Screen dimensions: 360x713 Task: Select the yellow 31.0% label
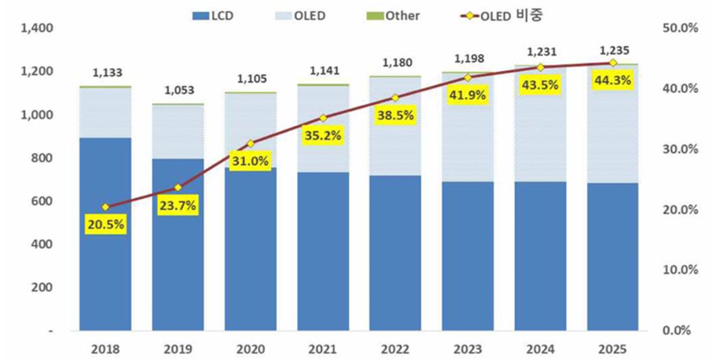pos(250,161)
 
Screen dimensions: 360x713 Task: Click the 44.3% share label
pos(613,82)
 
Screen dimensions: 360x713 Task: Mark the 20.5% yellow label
pos(105,225)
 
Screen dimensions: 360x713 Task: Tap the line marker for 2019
pos(178,187)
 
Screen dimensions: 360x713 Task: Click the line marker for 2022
pos(395,97)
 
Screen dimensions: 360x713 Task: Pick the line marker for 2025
pos(613,63)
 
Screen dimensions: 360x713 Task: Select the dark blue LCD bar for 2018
pos(105,234)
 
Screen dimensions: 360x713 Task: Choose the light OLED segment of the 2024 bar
pos(540,123)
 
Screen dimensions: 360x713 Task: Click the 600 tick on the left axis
pos(42,201)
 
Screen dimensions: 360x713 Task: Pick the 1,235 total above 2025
pos(613,50)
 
